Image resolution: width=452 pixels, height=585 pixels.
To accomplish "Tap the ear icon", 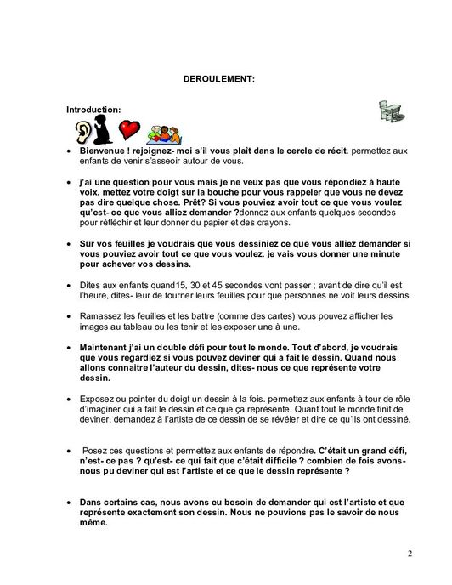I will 82,132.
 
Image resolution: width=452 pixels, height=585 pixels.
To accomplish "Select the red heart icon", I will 128,131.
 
